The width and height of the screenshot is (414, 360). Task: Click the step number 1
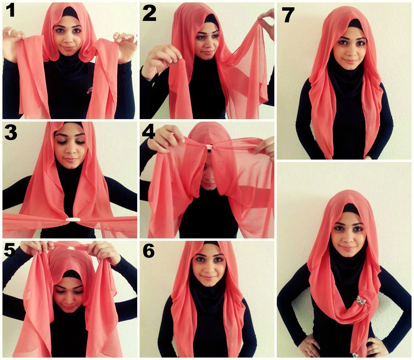coord(11,11)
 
